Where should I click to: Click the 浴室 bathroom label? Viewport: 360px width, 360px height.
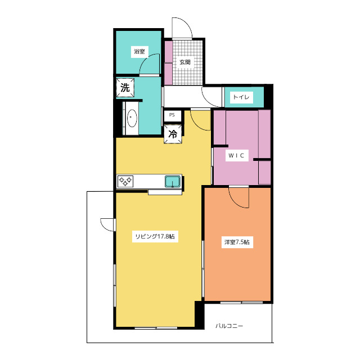pyautogui.click(x=139, y=51)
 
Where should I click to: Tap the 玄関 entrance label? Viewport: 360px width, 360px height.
pyautogui.click(x=185, y=62)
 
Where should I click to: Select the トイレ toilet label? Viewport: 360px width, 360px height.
pyautogui.click(x=241, y=97)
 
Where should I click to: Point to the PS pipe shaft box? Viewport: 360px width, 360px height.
pyautogui.click(x=173, y=115)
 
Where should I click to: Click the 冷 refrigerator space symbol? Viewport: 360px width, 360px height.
pyautogui.click(x=173, y=134)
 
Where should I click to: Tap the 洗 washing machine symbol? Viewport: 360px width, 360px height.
pyautogui.click(x=125, y=88)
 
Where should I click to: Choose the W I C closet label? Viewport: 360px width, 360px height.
pyautogui.click(x=236, y=155)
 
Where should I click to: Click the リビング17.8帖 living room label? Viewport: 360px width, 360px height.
pyautogui.click(x=155, y=236)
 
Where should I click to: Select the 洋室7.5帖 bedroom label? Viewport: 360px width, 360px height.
pyautogui.click(x=237, y=242)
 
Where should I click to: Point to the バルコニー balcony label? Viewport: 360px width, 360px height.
pyautogui.click(x=229, y=326)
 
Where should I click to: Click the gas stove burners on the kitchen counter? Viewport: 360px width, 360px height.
pyautogui.click(x=125, y=181)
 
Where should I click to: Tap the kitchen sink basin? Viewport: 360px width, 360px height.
pyautogui.click(x=173, y=181)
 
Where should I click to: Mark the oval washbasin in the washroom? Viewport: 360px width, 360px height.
pyautogui.click(x=132, y=118)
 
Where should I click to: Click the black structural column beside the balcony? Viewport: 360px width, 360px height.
pyautogui.click(x=199, y=314)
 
